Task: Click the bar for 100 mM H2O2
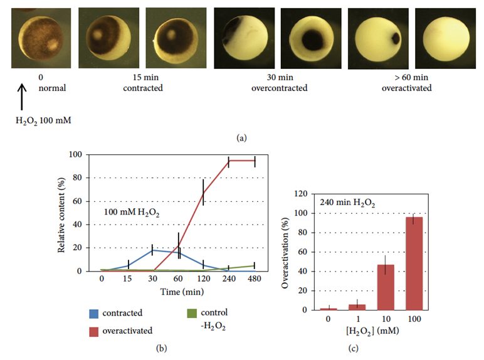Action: point(414,263)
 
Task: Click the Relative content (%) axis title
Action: point(62,213)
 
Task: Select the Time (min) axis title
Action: point(177,292)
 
